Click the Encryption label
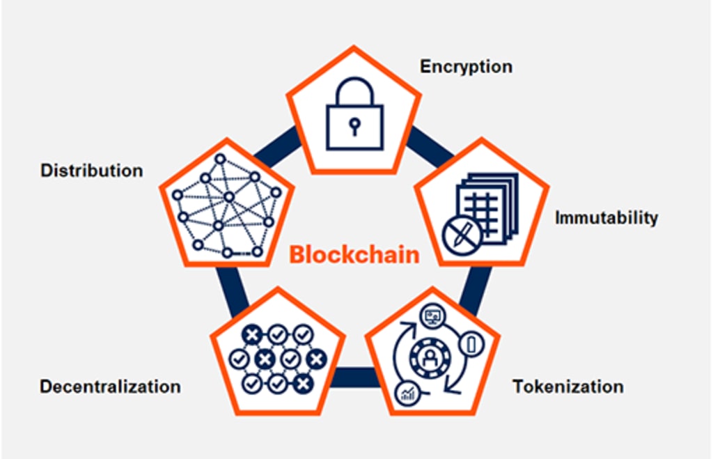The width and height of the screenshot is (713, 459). (x=466, y=67)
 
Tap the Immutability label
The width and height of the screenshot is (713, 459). (x=606, y=217)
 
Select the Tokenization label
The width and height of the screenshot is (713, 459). (x=568, y=386)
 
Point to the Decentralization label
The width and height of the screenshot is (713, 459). (x=110, y=386)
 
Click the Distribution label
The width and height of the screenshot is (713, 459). (x=91, y=170)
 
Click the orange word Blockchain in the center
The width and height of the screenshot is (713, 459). (x=354, y=254)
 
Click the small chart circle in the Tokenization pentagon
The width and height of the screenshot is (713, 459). (x=406, y=395)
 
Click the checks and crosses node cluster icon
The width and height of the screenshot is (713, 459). (x=277, y=358)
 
